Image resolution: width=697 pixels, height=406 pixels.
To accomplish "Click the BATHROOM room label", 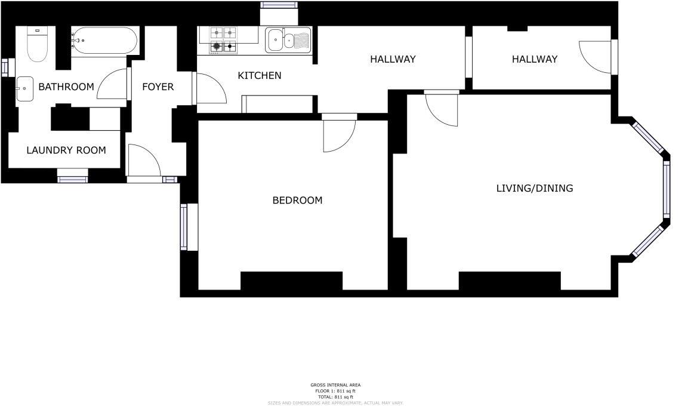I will (x=66, y=87).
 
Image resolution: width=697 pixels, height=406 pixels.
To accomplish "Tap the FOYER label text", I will (x=158, y=87).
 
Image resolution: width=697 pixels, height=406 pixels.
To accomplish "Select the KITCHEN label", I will (x=260, y=75).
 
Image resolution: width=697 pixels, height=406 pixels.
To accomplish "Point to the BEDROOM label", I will (x=297, y=200).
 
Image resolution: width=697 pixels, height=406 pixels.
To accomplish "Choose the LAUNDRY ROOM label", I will (x=66, y=150).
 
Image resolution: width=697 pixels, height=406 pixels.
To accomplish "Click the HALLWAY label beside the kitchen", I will (x=393, y=59).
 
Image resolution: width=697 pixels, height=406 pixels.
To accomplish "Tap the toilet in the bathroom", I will (x=37, y=45).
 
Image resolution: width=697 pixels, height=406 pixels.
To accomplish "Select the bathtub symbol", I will (x=104, y=41).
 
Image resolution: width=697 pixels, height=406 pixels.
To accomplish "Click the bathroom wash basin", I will (x=25, y=89).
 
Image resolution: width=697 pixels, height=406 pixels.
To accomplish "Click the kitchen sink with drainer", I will (x=288, y=40).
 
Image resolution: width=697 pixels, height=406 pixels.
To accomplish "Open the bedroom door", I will (x=338, y=134).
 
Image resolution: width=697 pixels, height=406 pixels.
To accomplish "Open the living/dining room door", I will (x=442, y=109).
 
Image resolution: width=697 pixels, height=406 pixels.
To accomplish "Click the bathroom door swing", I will (x=113, y=84).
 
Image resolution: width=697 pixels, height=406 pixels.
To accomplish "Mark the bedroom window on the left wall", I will (x=184, y=227).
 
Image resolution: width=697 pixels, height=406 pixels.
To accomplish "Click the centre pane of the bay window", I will (x=667, y=189).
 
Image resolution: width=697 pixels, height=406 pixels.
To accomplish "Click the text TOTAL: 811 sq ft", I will (x=335, y=397).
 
